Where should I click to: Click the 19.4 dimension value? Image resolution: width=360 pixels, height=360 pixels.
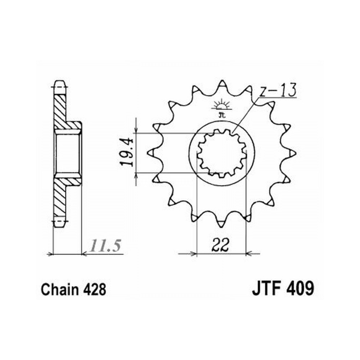pos(127,153)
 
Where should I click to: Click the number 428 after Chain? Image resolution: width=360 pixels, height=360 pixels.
pos(94,289)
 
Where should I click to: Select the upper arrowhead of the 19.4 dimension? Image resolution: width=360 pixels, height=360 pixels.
pos(136,130)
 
